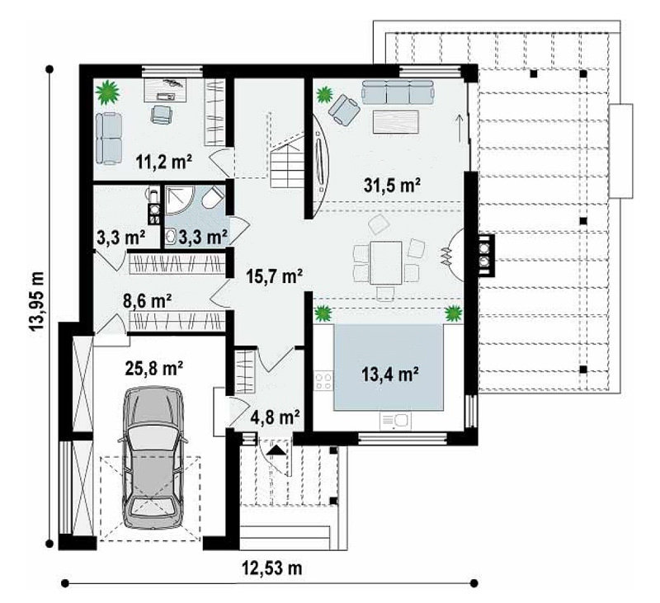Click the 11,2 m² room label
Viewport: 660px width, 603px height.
[164, 162]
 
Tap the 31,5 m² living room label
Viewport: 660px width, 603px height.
[393, 185]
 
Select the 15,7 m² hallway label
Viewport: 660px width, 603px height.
[275, 276]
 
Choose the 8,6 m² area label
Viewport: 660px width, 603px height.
[147, 301]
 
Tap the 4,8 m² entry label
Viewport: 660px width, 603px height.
[276, 417]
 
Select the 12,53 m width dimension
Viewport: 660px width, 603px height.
[272, 568]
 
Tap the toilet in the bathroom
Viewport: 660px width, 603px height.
[213, 197]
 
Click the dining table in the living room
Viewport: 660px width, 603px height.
[386, 263]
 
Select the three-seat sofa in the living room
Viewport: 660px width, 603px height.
[398, 92]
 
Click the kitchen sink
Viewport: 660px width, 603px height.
[395, 421]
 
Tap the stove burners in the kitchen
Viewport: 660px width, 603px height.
[323, 381]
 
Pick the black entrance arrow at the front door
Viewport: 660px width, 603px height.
[276, 450]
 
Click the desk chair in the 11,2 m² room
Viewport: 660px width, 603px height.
[161, 115]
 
